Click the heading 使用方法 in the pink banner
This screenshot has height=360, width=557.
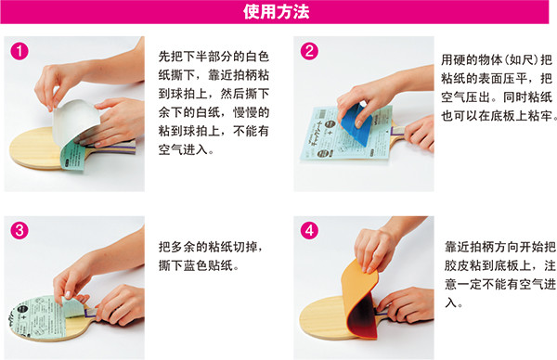[x=276, y=12]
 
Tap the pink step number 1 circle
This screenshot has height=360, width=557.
[x=19, y=51]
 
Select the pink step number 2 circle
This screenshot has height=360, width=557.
[x=309, y=51]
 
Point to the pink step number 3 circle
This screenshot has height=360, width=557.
[x=19, y=230]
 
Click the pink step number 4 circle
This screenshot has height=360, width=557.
[x=309, y=230]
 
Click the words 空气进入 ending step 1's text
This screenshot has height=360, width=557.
[x=183, y=149]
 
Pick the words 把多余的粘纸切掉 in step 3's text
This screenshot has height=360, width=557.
[x=207, y=247]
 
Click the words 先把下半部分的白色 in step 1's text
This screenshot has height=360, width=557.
[x=214, y=57]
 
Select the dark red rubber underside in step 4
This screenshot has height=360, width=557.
[x=362, y=317]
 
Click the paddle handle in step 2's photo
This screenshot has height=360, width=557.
[x=399, y=132]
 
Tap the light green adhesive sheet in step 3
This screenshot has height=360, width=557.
[x=41, y=317]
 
